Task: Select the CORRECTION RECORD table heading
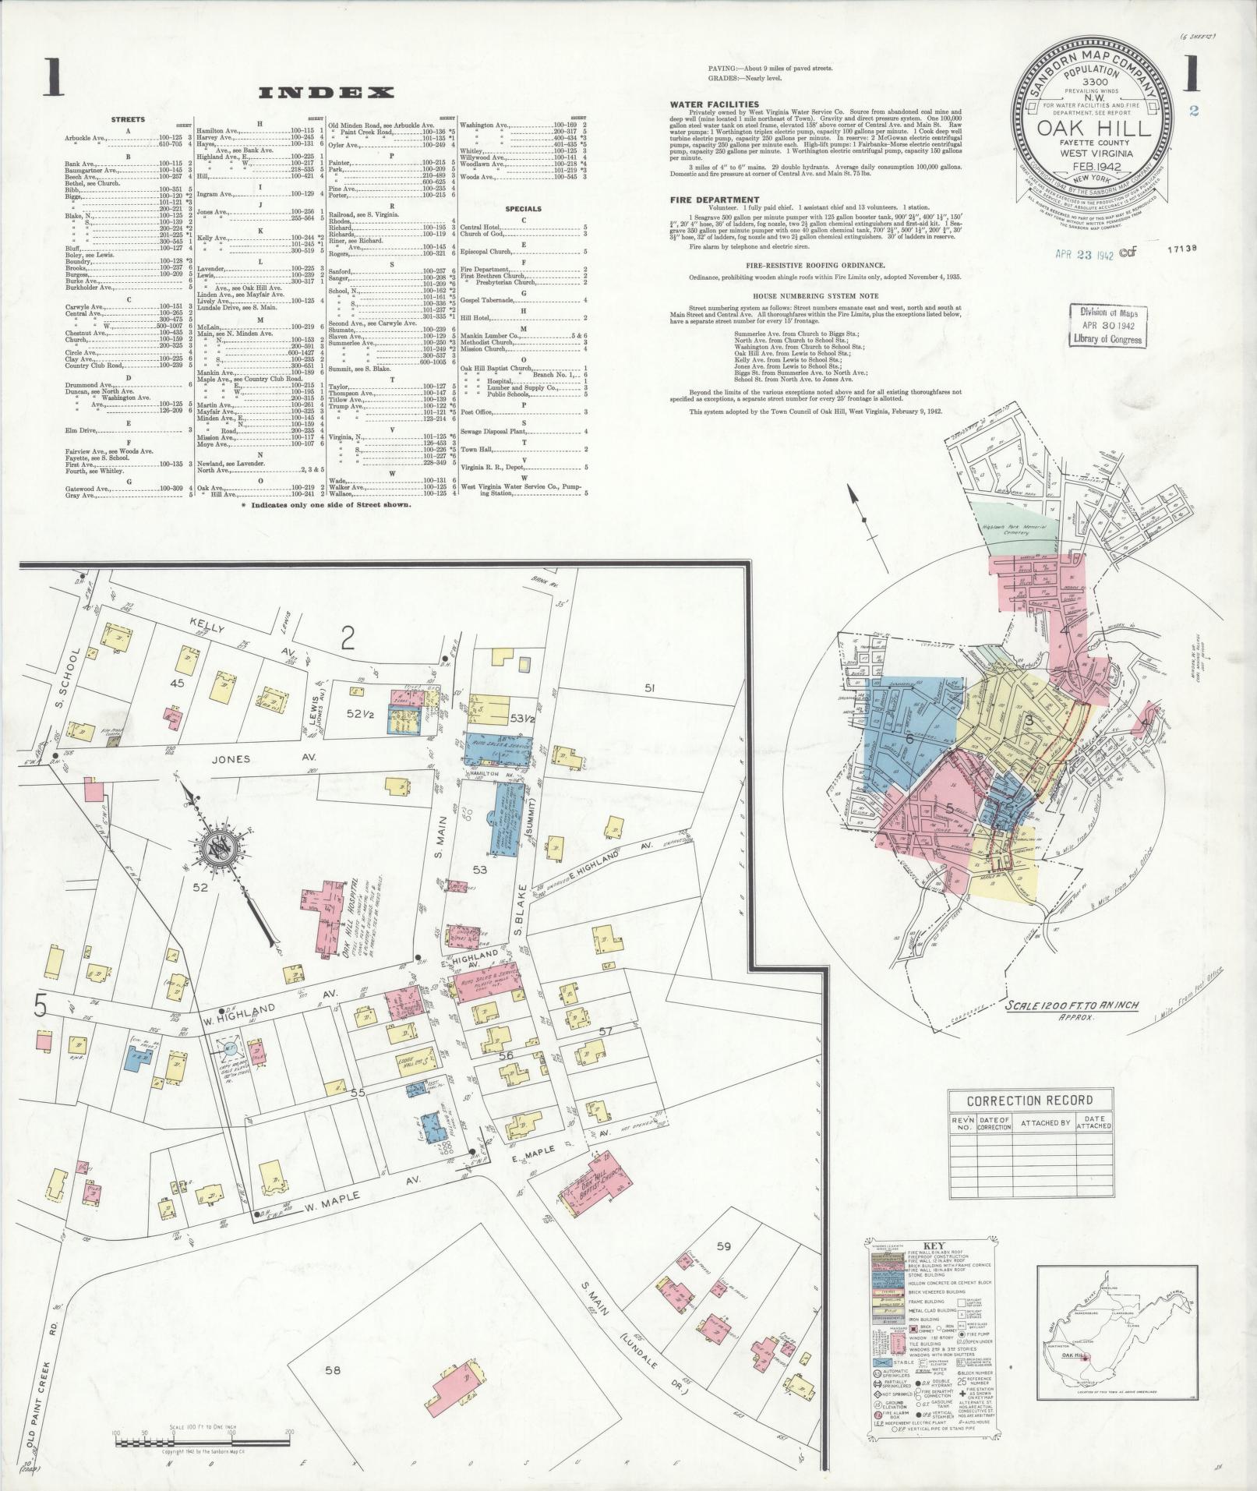(x=1029, y=1101)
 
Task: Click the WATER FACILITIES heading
(x=715, y=104)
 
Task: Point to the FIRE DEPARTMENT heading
(x=714, y=200)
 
